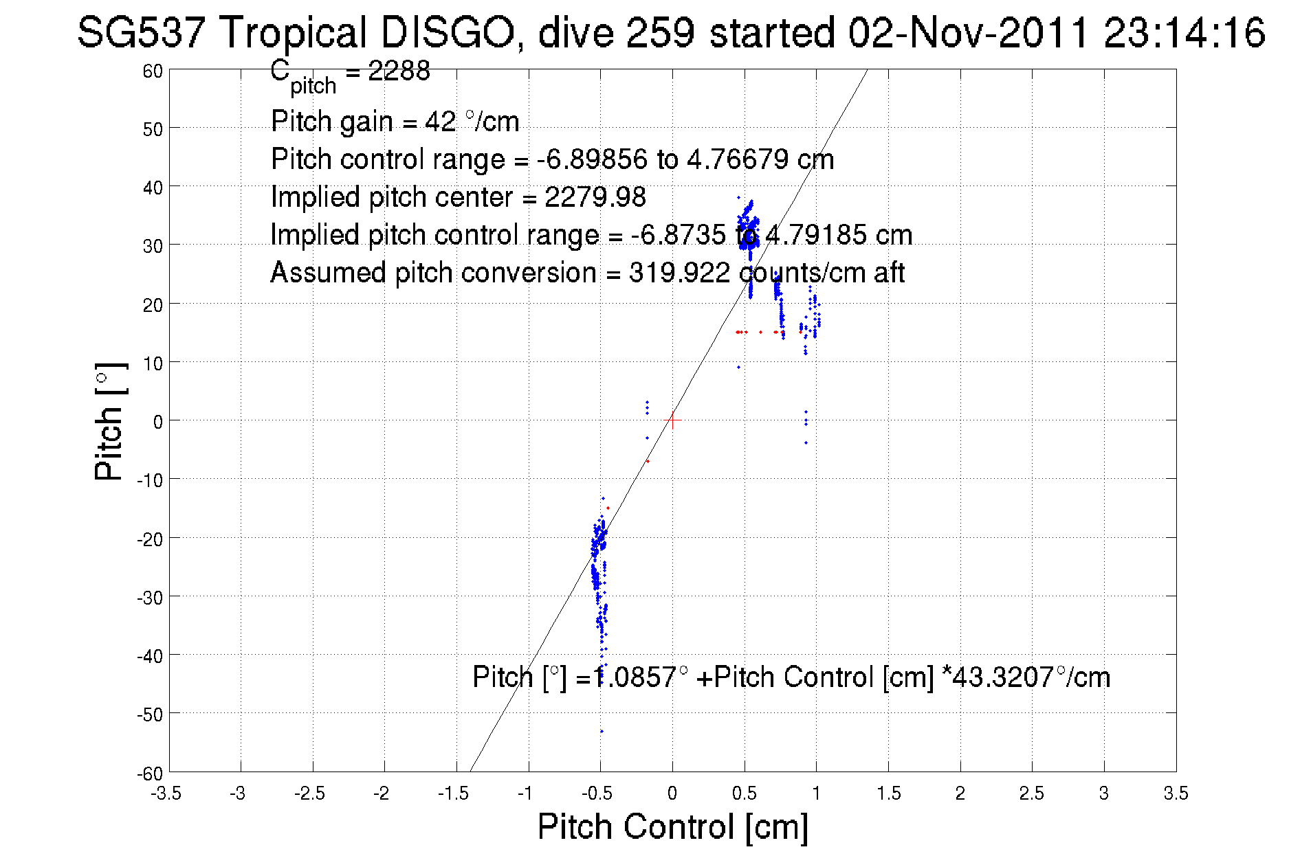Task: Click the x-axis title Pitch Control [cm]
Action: (672, 826)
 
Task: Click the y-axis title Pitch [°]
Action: (109, 421)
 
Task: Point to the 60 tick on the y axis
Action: (153, 71)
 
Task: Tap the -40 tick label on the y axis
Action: (150, 656)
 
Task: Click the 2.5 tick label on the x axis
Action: (1031, 793)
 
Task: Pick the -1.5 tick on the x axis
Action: (453, 793)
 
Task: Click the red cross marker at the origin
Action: (672, 420)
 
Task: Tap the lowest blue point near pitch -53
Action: (602, 731)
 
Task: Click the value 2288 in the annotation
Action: (399, 71)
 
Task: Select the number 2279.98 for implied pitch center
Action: (595, 197)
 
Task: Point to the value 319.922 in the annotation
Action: (679, 273)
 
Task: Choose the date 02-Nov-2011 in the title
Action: (969, 32)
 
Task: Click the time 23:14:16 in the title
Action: (1184, 32)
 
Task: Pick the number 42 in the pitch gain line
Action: (440, 122)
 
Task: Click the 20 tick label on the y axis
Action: (153, 304)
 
